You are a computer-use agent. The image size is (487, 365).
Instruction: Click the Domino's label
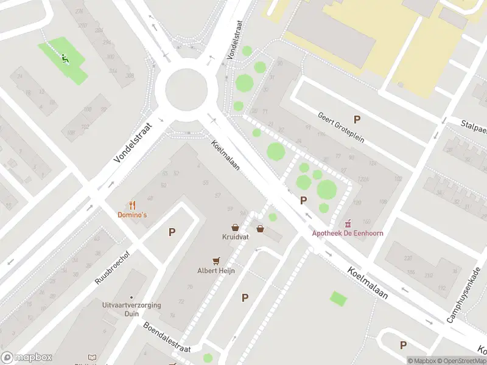pyautogui.click(x=132, y=215)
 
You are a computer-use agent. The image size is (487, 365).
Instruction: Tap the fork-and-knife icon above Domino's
pyautogui.click(x=132, y=205)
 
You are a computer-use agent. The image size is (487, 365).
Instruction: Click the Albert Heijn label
pyautogui.click(x=215, y=270)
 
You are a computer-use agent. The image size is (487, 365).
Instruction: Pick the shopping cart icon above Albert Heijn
pyautogui.click(x=215, y=260)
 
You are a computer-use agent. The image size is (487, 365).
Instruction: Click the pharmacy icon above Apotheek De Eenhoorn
pyautogui.click(x=349, y=223)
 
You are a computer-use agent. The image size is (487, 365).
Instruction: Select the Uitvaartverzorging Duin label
pyautogui.click(x=132, y=309)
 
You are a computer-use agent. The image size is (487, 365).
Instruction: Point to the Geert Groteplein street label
pyautogui.click(x=341, y=127)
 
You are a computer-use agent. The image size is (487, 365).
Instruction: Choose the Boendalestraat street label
pyautogui.click(x=167, y=337)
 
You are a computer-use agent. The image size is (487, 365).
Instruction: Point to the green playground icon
pyautogui.click(x=65, y=59)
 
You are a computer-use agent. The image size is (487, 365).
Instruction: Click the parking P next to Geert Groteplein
pyautogui.click(x=357, y=120)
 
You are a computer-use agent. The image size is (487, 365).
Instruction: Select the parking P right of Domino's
pyautogui.click(x=172, y=232)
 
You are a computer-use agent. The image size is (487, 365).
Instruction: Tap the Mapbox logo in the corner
pyautogui.click(x=27, y=358)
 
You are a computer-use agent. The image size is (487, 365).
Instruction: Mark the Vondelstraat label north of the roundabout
pyautogui.click(x=236, y=39)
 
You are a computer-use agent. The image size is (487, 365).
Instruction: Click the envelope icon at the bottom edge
pyautogui.click(x=93, y=357)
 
